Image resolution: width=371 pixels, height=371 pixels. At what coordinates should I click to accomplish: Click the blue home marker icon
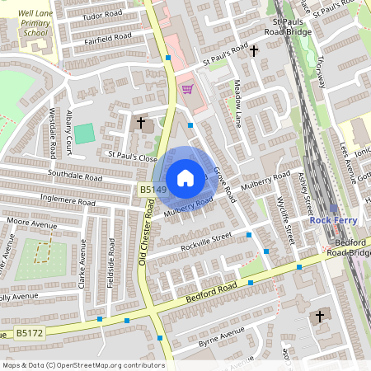coord(185,177)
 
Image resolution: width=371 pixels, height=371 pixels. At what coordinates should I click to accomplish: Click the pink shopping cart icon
coord(187,89)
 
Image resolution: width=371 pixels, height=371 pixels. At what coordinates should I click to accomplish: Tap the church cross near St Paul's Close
coord(141,124)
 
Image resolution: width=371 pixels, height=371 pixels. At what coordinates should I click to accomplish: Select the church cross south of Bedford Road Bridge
coord(321,316)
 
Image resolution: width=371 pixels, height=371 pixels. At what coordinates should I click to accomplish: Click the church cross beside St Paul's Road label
coord(254,51)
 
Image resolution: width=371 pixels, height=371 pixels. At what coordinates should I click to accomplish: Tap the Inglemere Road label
coord(72,200)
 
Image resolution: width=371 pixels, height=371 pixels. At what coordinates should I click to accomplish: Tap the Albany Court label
coord(71,129)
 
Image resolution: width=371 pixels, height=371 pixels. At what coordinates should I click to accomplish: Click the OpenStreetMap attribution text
coord(82,364)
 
